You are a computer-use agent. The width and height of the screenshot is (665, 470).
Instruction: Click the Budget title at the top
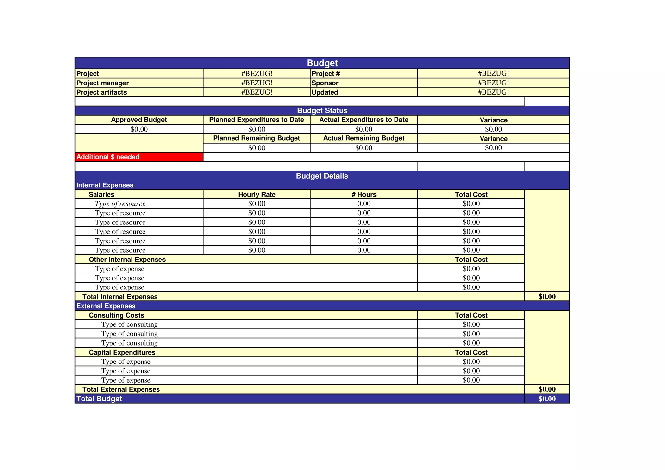(x=322, y=63)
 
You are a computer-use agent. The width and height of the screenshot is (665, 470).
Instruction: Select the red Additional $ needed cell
(x=139, y=157)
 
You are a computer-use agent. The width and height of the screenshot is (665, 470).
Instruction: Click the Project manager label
(x=102, y=83)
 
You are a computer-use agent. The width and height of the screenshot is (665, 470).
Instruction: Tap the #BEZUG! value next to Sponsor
(x=493, y=83)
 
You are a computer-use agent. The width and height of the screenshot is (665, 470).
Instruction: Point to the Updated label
(x=325, y=92)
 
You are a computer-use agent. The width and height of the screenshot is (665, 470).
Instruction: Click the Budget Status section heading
(x=322, y=111)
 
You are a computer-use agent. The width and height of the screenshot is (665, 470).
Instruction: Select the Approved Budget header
(x=139, y=120)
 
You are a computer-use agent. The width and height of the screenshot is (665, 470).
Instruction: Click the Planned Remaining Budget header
(x=257, y=138)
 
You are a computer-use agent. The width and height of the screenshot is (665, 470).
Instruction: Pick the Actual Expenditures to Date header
(x=364, y=120)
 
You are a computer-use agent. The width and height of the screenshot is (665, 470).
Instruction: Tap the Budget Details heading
(x=322, y=176)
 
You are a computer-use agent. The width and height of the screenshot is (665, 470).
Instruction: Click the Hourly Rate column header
(x=257, y=195)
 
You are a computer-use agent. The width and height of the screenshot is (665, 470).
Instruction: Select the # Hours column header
(x=364, y=195)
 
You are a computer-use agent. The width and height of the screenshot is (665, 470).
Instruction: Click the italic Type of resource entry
(x=120, y=204)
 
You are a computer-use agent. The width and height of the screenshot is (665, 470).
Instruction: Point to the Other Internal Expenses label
(x=127, y=260)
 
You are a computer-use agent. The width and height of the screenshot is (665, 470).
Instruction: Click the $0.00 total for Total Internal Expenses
(x=547, y=297)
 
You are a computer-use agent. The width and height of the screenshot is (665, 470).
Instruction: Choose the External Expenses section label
(x=106, y=306)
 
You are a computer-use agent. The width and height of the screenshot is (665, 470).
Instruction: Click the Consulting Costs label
(x=116, y=315)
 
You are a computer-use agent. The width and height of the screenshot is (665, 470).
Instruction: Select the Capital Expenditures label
(x=122, y=352)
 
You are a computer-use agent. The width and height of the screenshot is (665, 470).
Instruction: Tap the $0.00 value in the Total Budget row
(x=547, y=399)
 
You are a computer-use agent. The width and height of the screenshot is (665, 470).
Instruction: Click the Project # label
(x=325, y=74)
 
